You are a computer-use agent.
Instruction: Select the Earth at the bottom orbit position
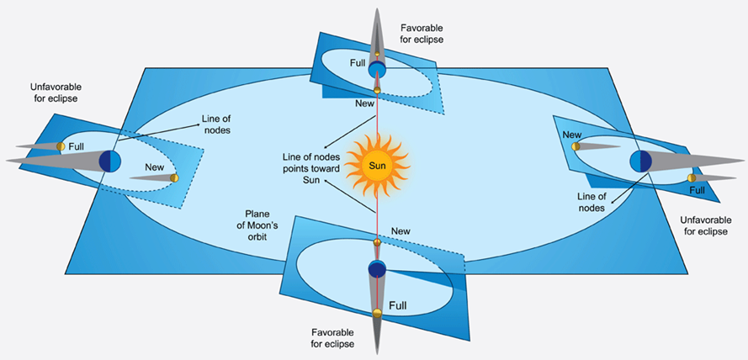click(377, 269)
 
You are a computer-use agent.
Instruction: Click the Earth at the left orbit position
click(110, 160)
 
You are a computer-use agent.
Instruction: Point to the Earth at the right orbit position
click(641, 160)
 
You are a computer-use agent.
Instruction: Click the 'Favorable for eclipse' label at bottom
click(328, 337)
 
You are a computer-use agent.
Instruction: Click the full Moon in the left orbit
click(61, 146)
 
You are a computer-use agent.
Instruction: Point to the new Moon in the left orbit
click(174, 177)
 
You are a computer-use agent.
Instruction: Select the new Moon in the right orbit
click(576, 146)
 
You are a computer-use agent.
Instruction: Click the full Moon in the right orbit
click(692, 177)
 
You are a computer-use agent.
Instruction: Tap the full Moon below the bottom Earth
click(377, 313)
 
